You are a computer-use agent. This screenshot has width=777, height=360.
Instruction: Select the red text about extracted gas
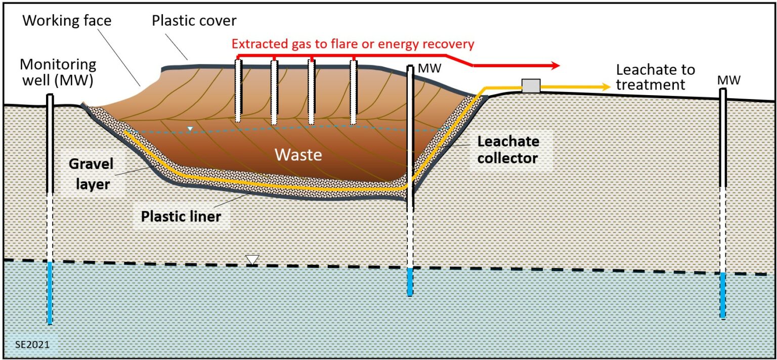pos(353,44)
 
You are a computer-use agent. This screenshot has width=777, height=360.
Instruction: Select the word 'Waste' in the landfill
pos(298,154)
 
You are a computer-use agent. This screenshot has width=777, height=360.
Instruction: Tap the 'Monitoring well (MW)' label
pos(58,72)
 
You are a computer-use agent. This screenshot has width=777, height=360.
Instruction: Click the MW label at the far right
pos(729,80)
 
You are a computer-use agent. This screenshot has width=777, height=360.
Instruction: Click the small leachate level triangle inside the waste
pos(190,129)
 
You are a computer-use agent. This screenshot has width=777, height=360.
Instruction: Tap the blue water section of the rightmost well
pos(723,295)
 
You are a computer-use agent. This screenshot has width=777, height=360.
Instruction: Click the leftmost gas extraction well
pos(238,91)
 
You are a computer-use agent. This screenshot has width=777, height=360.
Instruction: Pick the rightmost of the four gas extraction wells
pos(354,91)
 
